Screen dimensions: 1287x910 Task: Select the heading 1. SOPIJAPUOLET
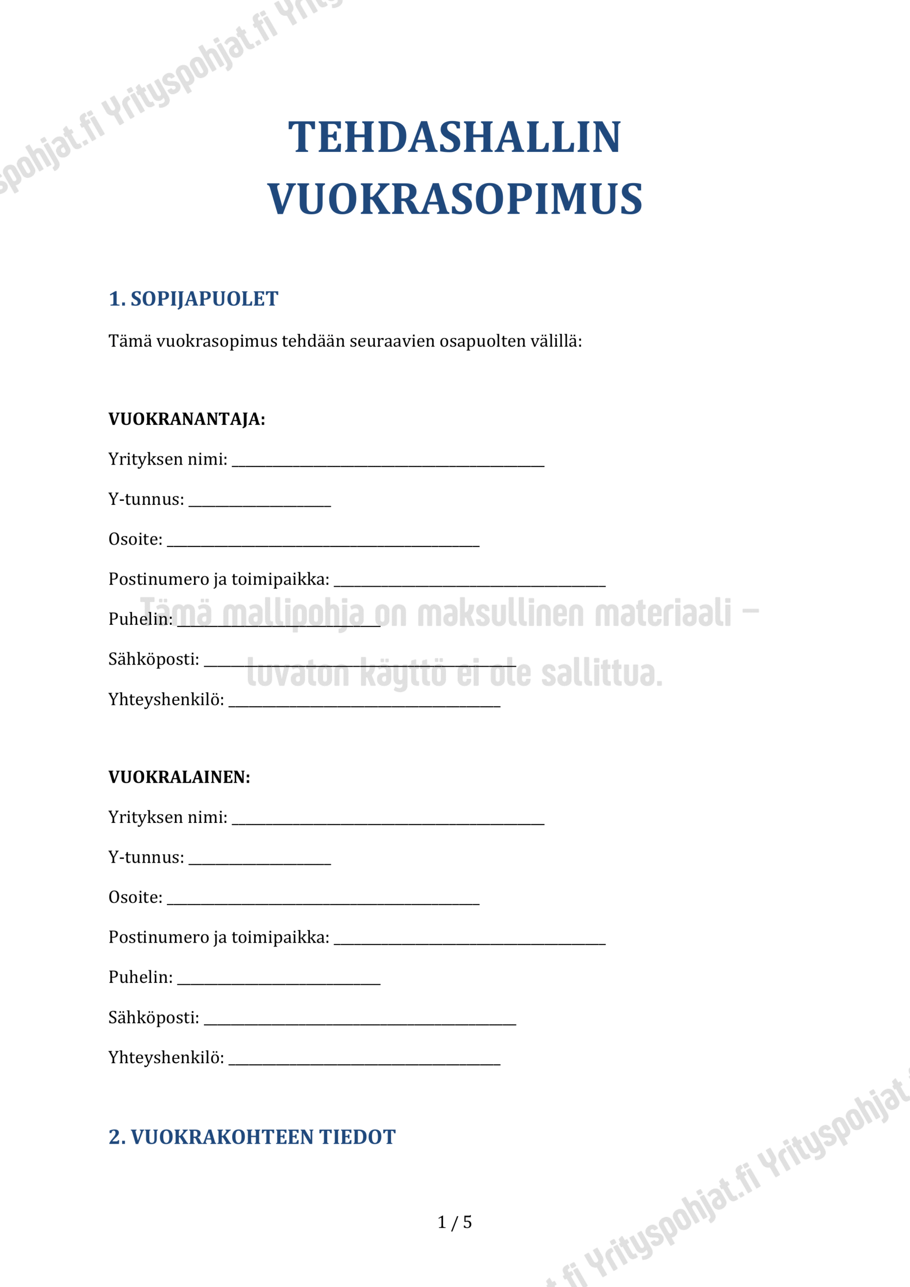[193, 299]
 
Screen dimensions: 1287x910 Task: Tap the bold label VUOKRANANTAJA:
[186, 419]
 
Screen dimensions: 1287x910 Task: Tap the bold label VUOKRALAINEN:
[179, 777]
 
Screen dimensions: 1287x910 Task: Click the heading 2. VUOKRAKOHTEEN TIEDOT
[252, 1137]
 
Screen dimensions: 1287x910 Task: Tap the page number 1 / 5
[454, 1223]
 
